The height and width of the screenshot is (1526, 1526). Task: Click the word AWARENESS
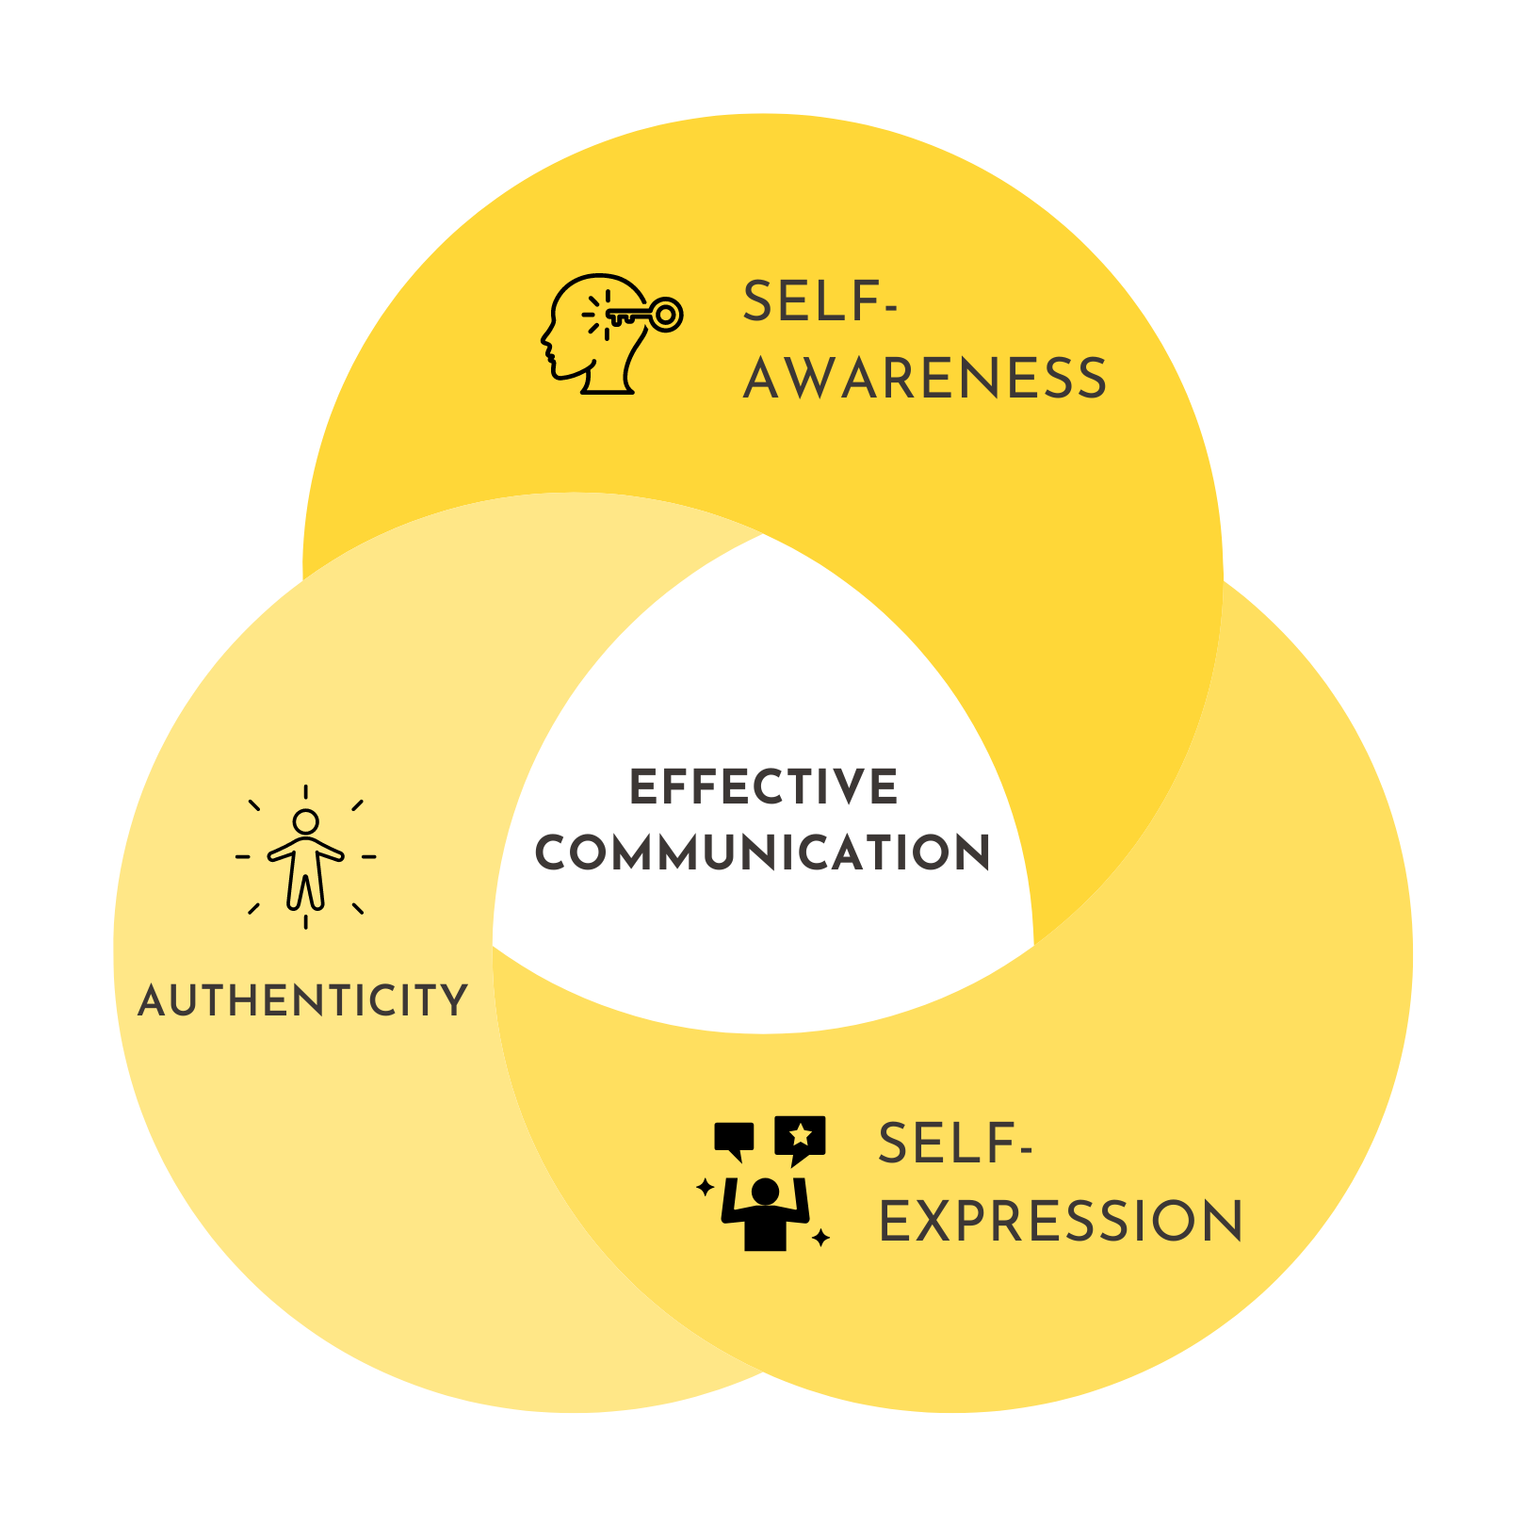[924, 379]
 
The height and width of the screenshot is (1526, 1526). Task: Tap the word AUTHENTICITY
[302, 1000]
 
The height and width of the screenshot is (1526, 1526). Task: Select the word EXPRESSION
[1061, 1222]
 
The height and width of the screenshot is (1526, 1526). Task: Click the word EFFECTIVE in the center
[763, 787]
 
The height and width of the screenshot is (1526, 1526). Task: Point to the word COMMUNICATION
[763, 852]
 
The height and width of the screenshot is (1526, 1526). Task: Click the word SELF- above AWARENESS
[820, 302]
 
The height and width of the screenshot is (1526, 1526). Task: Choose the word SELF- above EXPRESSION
[954, 1144]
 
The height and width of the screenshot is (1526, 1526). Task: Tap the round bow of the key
[666, 315]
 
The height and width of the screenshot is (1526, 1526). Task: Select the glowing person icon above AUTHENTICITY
[305, 857]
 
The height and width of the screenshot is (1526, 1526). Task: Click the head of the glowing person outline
[305, 822]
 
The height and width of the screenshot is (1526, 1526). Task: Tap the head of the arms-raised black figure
[765, 1191]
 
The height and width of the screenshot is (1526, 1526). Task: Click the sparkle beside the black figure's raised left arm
[705, 1187]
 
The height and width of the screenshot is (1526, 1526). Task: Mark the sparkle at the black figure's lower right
[820, 1237]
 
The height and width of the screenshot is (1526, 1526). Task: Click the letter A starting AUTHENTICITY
[154, 1001]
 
